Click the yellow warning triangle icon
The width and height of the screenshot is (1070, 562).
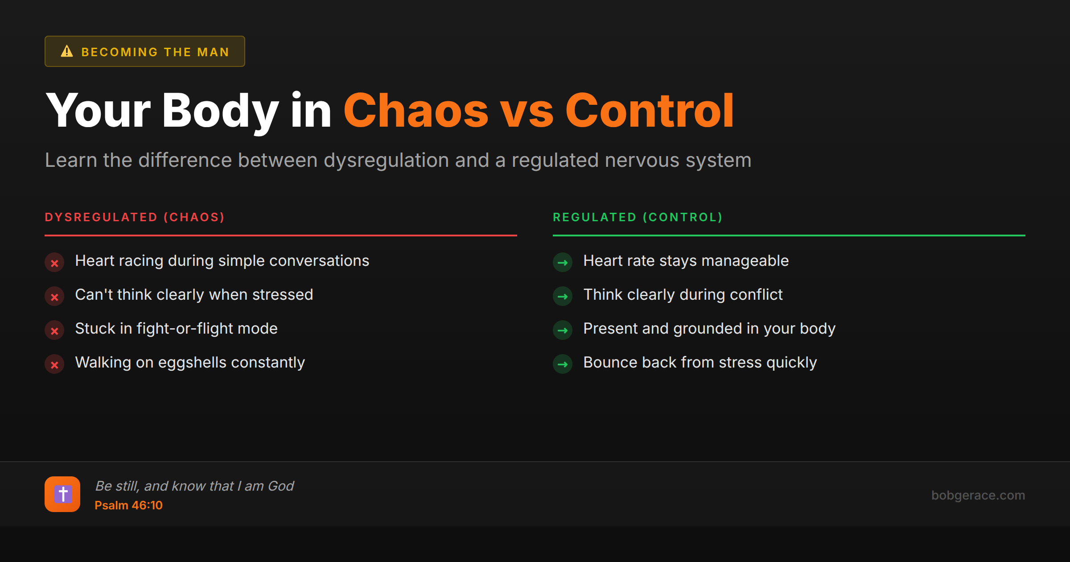pos(67,51)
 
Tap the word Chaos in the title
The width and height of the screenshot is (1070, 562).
pos(416,111)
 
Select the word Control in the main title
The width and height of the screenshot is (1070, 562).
pos(649,111)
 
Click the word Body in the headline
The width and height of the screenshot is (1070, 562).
pos(220,111)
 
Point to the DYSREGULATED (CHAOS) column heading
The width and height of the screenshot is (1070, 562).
pos(135,217)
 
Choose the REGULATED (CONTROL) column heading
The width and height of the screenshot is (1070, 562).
pos(638,217)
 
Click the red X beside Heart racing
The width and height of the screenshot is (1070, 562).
pos(54,263)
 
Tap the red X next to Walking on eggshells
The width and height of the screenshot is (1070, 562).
pos(54,364)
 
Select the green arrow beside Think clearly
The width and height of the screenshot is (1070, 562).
pos(563,297)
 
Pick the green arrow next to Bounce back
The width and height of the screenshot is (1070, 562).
pos(563,364)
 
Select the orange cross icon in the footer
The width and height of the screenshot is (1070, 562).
pos(62,494)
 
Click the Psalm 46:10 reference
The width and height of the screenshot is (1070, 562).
pos(128,505)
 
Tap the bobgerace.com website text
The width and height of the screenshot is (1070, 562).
pos(978,495)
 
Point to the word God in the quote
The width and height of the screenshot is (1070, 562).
pos(281,486)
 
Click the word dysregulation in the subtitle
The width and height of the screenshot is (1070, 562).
pos(386,160)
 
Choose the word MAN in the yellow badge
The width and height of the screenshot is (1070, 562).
pos(213,52)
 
